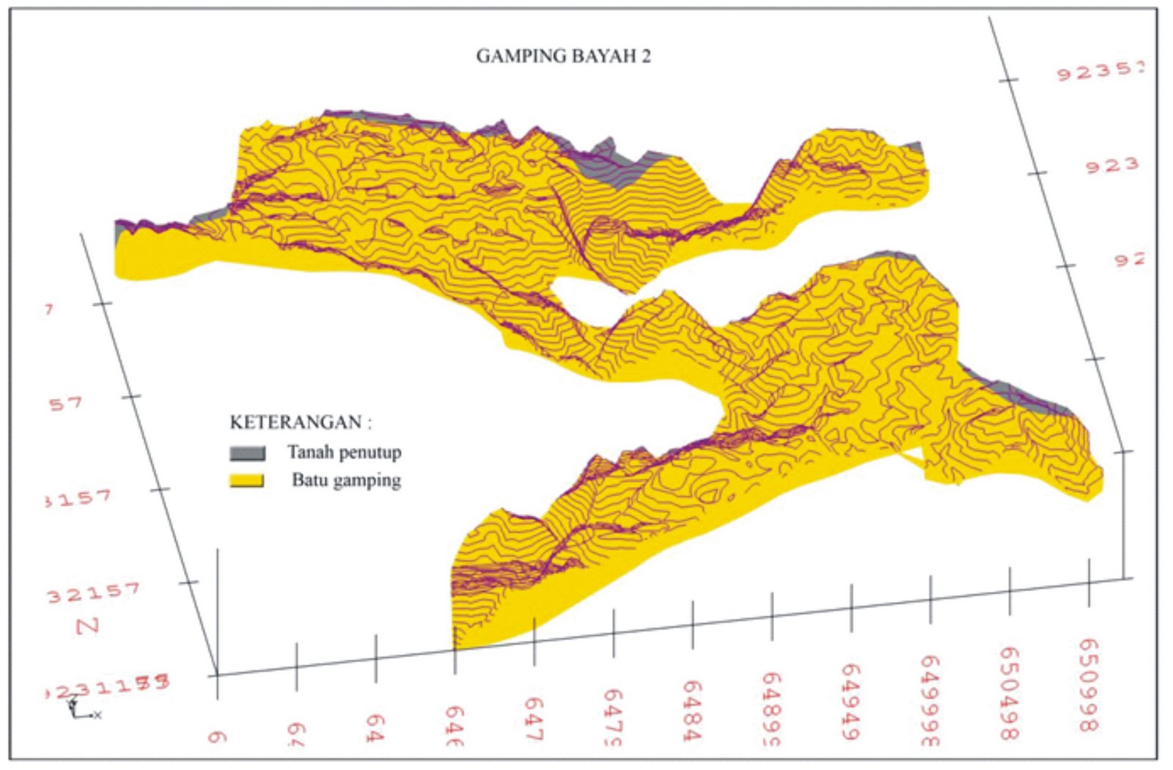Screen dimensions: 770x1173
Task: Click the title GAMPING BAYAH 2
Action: click(563, 56)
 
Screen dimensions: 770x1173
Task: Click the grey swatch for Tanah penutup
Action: click(247, 452)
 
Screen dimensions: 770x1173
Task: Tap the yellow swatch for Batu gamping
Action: click(246, 481)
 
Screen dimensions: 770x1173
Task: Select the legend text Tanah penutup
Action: click(344, 452)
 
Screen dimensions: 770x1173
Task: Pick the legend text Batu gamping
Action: click(346, 480)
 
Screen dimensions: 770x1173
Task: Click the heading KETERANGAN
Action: click(301, 422)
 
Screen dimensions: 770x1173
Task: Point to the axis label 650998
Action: click(1089, 684)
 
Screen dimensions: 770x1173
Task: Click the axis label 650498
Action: click(1010, 693)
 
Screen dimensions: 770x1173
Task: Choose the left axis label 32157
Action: click(93, 593)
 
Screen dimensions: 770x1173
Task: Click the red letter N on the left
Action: click(87, 626)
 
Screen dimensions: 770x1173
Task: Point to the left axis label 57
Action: click(66, 403)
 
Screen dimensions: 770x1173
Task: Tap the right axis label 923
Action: click(1112, 166)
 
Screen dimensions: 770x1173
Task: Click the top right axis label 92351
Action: click(1100, 71)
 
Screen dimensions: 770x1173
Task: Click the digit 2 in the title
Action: click(645, 56)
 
